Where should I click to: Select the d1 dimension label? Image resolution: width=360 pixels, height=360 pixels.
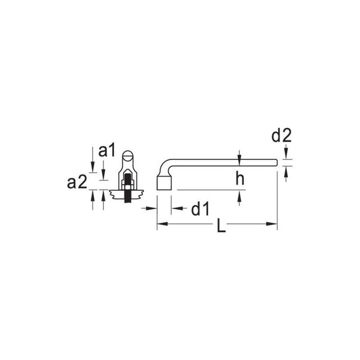(200, 209)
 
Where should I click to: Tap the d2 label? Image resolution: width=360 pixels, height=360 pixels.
(281, 136)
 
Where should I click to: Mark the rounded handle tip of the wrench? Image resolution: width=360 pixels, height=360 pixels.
(275, 164)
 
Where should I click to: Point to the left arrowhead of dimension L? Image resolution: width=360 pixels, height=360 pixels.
(160, 224)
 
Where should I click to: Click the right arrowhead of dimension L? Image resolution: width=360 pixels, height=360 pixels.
(273, 224)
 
